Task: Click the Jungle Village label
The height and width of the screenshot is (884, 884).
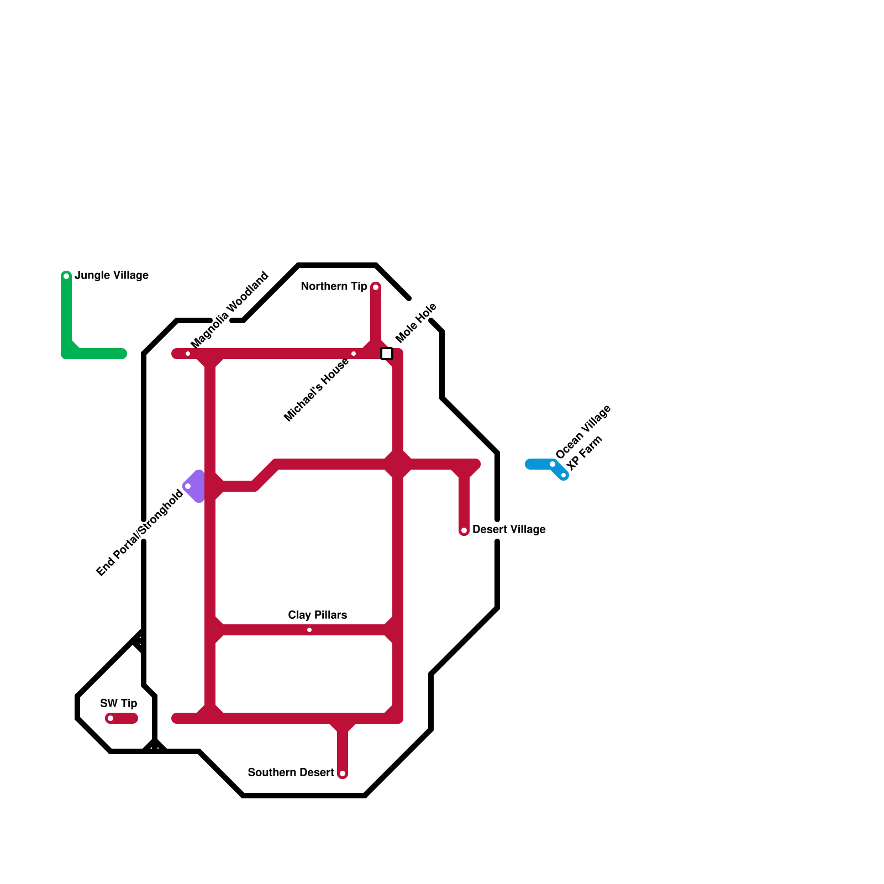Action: [x=112, y=275]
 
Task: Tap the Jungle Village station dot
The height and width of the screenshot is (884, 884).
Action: [x=66, y=276]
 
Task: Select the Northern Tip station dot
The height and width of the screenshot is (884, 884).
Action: [x=376, y=287]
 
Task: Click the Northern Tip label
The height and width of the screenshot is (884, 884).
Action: [x=334, y=286]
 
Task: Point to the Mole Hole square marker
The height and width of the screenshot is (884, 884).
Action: [x=387, y=354]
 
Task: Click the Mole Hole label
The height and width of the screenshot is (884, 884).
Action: [x=416, y=323]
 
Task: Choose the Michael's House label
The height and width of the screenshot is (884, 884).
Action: [x=316, y=390]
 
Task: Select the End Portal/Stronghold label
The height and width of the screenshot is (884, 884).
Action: [x=139, y=533]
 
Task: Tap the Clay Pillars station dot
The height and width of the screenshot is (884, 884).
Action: [x=309, y=630]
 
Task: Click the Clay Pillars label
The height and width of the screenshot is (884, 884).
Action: [x=318, y=615]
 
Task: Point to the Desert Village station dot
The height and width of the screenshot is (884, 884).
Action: [x=464, y=530]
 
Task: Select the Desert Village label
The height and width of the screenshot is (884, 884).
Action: [x=509, y=529]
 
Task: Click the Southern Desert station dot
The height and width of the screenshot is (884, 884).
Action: [x=343, y=773]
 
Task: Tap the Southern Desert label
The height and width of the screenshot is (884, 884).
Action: [x=291, y=772]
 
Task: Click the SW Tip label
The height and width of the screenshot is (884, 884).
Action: [x=119, y=703]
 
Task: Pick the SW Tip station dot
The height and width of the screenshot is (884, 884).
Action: [x=110, y=718]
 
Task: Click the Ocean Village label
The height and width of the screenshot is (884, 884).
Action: [x=583, y=432]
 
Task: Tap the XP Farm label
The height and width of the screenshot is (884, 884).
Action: [x=585, y=454]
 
